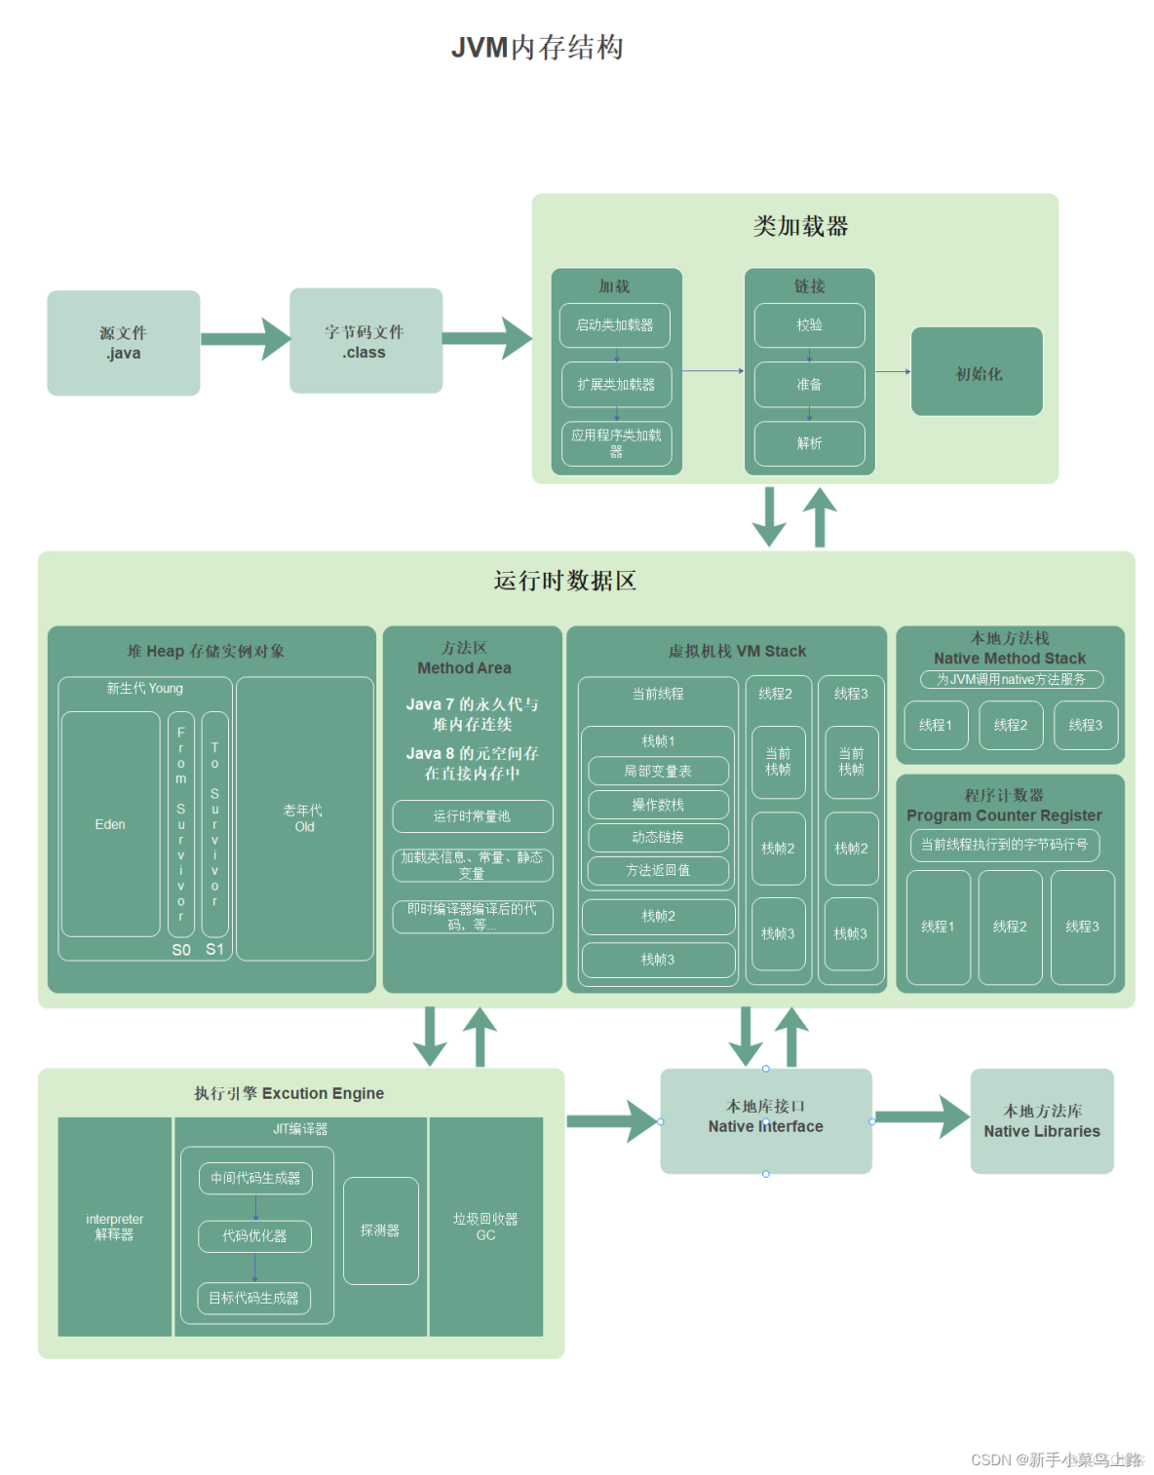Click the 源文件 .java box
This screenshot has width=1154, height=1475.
(x=123, y=343)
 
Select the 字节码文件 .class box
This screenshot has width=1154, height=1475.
(x=365, y=341)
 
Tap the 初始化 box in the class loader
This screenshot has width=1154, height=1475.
(x=977, y=373)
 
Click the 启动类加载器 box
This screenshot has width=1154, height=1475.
(x=614, y=325)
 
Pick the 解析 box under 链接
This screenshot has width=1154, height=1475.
(x=809, y=443)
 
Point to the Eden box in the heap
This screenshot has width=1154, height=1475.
(x=110, y=824)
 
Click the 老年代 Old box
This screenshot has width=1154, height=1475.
(x=304, y=818)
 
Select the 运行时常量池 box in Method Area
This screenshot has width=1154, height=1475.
(x=472, y=816)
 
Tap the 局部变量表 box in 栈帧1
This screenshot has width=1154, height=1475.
(x=658, y=771)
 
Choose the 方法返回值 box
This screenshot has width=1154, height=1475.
(x=658, y=870)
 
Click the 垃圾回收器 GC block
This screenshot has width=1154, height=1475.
(x=485, y=1227)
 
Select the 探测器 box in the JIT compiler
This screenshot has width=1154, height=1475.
(x=380, y=1230)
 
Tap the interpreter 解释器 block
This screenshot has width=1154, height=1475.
(x=114, y=1227)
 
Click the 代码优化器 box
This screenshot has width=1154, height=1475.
(x=254, y=1235)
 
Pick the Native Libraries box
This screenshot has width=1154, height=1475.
(x=1041, y=1121)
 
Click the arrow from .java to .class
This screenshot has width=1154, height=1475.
(x=245, y=339)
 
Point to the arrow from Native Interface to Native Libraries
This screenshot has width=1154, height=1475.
(x=920, y=1117)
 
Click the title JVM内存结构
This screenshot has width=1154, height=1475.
(x=537, y=48)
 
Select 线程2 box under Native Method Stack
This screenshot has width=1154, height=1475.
(x=1010, y=725)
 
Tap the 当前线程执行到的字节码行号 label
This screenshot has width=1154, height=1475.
(x=1004, y=845)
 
